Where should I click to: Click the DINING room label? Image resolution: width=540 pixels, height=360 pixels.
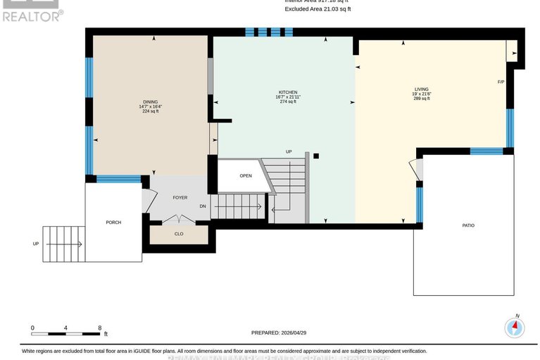coord(150,101)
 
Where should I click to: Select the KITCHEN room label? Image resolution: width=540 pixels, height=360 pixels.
coord(287,92)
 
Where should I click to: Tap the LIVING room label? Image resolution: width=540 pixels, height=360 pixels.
coord(421,89)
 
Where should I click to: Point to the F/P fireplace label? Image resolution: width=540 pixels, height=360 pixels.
coord(501,82)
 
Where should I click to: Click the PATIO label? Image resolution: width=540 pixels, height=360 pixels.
coord(468,225)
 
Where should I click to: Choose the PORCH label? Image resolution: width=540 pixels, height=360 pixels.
coord(113,222)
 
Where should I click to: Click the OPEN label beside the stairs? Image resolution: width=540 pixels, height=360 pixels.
coord(245,175)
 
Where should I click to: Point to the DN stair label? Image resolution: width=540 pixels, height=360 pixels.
coord(203,206)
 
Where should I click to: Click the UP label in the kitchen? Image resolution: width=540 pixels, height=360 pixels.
coord(289,151)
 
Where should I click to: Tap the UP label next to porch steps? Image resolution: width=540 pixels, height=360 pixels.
coord(35,244)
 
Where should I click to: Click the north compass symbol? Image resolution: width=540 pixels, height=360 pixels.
coord(515,327)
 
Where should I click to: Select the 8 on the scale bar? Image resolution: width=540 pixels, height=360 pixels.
coord(100,328)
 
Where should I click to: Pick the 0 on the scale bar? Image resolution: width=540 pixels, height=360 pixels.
coord(32,328)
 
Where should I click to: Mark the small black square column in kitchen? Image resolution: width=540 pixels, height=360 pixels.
coord(317,156)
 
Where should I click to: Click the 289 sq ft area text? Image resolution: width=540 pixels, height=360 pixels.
coord(421,99)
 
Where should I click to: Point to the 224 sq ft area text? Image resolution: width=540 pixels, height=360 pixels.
coord(150,111)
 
